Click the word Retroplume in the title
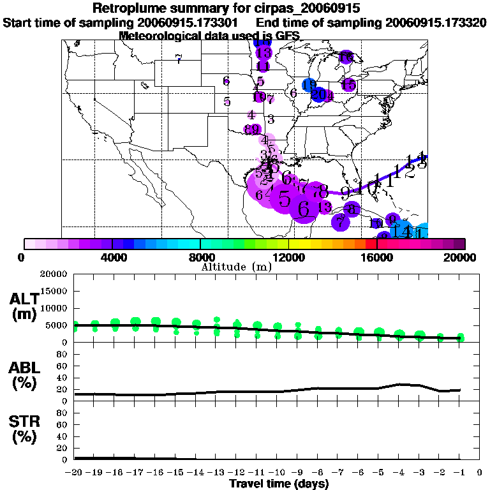(128, 8)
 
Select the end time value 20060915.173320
(436, 22)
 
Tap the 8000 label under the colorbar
(200, 257)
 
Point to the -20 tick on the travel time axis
(74, 472)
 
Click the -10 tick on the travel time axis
(278, 472)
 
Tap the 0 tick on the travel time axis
(480, 472)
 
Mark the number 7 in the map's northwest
(179, 60)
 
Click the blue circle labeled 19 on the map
(309, 85)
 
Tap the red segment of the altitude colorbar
(372, 243)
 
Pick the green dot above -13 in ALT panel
(217, 319)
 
